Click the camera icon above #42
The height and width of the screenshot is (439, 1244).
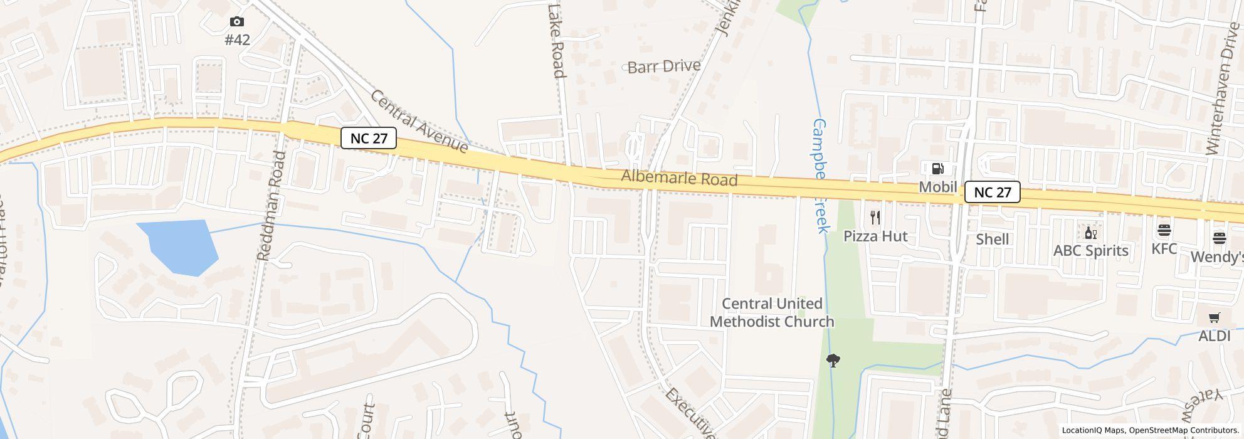237,22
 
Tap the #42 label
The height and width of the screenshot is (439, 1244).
237,40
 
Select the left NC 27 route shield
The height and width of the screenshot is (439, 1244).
369,138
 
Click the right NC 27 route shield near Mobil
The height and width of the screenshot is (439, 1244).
992,192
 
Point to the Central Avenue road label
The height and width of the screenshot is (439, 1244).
419,122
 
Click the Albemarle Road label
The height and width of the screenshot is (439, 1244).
679,179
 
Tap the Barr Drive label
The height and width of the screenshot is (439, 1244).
664,66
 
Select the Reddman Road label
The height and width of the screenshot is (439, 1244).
271,206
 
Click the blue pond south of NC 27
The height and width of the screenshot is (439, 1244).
179,246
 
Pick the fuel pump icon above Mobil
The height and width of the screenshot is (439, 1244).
938,168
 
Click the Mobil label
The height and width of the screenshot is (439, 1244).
938,187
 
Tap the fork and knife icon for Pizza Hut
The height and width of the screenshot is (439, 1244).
875,218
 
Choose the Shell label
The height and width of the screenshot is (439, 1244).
993,239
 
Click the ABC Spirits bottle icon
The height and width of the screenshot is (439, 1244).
1091,233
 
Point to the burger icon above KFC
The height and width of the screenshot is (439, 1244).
1164,230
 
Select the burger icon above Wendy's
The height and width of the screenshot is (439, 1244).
1220,238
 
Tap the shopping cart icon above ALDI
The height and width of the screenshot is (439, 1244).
1215,318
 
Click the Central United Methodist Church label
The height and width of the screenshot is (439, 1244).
772,312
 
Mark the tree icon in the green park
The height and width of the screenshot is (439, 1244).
833,361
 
